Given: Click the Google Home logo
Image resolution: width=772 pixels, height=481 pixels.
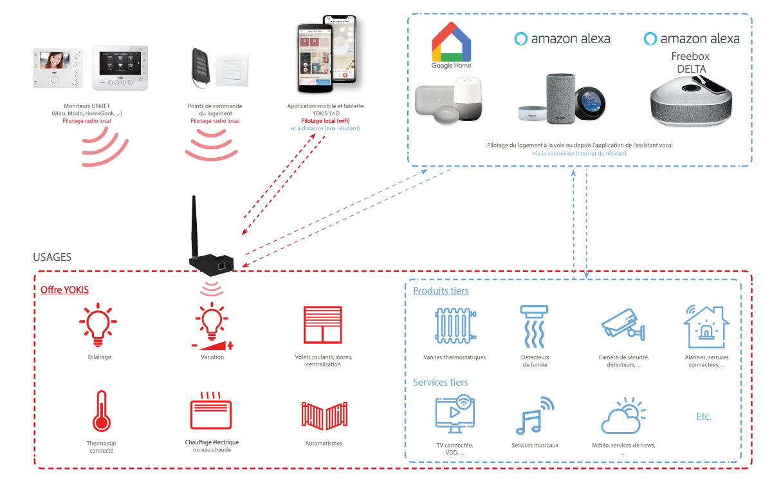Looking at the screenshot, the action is point(451,45).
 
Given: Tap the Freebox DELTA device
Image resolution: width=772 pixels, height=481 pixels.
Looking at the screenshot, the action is point(691,100).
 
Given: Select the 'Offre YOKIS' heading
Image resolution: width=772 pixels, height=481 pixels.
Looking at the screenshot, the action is point(64,290).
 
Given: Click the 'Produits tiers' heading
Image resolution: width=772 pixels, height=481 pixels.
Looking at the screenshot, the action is point(441,290).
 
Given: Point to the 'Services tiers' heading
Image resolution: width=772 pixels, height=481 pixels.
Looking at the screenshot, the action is point(441,382).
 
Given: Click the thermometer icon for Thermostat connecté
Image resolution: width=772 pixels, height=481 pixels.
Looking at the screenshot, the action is point(102,411).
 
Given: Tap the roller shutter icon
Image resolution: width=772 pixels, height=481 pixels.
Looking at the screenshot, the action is point(322,325).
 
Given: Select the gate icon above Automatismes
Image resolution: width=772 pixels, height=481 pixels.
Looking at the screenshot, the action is point(324,415).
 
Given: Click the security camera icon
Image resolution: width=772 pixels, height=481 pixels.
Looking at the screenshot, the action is point(623,325).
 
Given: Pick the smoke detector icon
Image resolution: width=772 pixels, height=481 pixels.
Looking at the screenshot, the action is point(534,326).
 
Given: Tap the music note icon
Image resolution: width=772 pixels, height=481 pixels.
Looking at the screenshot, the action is point(535,415).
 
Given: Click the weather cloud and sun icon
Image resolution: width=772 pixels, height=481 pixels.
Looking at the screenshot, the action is point(623,415).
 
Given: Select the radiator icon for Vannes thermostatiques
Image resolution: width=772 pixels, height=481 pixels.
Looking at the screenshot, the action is point(455,326).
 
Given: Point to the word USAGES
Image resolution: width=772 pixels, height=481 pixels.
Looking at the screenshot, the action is point(52,257).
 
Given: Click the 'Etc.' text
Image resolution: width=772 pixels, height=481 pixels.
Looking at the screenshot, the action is point(704,417).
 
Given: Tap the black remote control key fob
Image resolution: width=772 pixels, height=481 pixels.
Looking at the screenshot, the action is point(201,68).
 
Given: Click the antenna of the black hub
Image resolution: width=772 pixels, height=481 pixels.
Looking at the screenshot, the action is point(194,226).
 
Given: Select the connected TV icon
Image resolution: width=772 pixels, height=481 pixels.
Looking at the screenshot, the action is point(455,414).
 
